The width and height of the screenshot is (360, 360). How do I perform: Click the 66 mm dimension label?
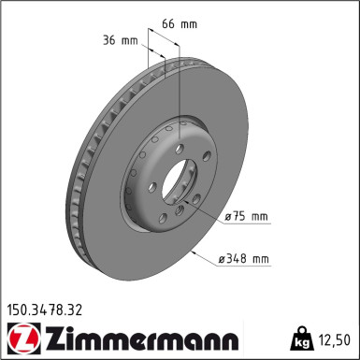[x=180, y=24]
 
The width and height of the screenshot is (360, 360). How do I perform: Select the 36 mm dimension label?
[x=121, y=40]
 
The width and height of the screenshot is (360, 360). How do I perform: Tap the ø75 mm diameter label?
[x=246, y=216]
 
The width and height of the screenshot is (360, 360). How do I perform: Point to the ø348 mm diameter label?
[x=243, y=259]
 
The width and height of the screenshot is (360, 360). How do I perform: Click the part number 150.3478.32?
[x=45, y=310]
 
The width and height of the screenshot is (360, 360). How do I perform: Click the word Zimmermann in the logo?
[x=142, y=338]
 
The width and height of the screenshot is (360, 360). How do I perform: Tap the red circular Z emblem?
[x=23, y=338]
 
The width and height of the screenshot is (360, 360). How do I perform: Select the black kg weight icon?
[x=301, y=338]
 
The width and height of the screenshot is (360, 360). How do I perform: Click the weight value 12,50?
[x=334, y=339]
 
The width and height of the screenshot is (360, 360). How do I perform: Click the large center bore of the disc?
[x=179, y=181]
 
